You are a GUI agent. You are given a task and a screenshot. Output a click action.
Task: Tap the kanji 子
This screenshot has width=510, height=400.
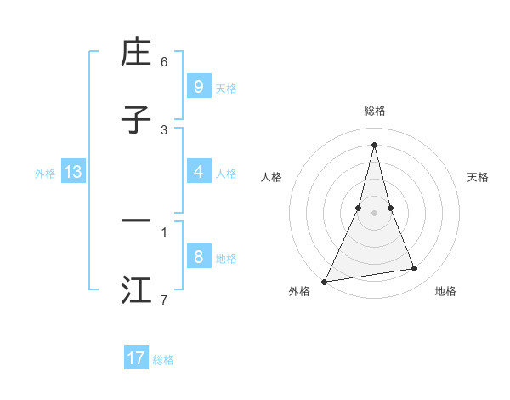[136, 121]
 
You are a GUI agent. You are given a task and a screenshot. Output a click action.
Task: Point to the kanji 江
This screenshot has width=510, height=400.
[136, 290]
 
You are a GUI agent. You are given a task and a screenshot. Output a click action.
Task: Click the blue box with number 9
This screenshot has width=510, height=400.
[198, 86]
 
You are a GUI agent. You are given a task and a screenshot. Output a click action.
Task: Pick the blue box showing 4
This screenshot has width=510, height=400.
[198, 172]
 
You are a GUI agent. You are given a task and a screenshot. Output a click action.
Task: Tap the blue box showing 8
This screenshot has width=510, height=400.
[198, 257]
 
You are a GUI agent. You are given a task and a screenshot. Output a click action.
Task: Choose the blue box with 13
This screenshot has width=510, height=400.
[73, 172]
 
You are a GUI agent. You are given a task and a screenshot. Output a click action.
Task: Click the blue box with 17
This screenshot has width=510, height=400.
[136, 358]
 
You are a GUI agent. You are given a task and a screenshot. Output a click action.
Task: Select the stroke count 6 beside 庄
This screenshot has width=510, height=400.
[164, 61]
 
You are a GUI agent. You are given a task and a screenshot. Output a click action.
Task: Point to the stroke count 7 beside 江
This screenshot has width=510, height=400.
[164, 300]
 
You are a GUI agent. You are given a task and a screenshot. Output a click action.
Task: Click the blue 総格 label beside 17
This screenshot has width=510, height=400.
[163, 360]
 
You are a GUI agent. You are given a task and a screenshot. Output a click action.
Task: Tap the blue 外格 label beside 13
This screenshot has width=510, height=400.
[45, 174]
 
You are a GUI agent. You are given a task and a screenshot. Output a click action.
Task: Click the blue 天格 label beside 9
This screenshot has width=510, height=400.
[226, 88]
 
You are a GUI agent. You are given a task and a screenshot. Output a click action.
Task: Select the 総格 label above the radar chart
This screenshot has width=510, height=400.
[374, 111]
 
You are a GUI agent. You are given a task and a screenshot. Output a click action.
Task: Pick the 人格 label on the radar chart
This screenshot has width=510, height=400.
[272, 177]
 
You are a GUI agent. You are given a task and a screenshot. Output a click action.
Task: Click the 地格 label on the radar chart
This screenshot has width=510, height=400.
[445, 291]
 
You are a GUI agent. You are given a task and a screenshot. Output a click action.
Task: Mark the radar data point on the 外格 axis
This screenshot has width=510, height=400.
[325, 281]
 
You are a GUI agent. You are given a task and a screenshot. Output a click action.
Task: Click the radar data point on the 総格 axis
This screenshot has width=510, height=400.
[374, 145]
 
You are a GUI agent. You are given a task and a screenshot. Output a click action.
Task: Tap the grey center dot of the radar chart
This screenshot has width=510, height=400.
[374, 213]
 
